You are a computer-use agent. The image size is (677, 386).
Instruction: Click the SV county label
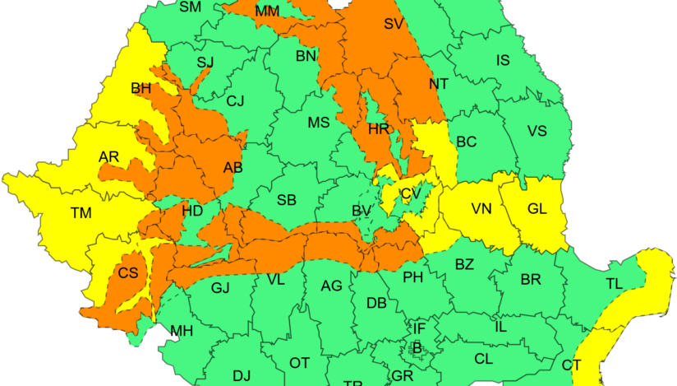[394, 24]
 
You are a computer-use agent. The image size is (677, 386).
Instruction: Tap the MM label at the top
[267, 12]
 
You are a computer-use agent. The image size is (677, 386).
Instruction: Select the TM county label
[81, 213]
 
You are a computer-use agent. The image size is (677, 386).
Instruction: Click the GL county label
[537, 209]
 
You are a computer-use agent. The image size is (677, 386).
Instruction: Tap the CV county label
[410, 194]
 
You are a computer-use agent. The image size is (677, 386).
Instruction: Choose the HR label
[378, 129]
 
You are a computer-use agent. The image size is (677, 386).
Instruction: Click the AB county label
[233, 168]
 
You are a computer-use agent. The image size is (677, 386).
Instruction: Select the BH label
[140, 88]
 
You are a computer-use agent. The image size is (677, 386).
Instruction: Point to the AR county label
[108, 157]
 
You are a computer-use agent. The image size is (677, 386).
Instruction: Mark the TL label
[614, 283]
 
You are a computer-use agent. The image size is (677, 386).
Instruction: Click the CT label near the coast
[572, 365]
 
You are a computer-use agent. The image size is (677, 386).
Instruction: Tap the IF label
[419, 329]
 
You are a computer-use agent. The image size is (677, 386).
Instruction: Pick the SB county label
[286, 200]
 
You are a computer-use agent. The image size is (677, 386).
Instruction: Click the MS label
[318, 123]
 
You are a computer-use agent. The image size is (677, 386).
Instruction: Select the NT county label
[440, 84]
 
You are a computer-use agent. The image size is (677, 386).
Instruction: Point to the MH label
[182, 332]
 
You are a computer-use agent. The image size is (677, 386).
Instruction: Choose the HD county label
[192, 211]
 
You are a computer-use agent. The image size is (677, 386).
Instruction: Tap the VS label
[537, 132]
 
